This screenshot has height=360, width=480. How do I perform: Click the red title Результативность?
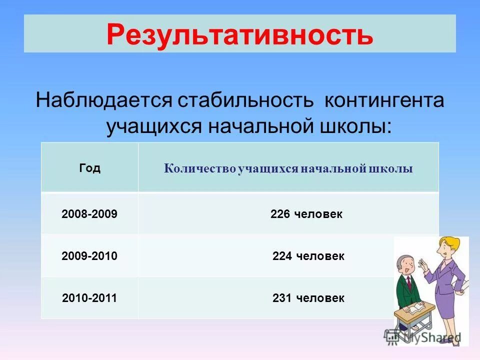point(239,34)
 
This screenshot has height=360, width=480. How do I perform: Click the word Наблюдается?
point(103,100)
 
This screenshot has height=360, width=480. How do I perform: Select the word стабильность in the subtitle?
point(245,100)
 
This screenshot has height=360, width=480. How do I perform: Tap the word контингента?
point(384,100)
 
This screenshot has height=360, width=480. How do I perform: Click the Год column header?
point(89,168)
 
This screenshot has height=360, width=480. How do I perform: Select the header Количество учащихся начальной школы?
point(288,169)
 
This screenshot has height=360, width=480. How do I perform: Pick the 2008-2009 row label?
point(89,214)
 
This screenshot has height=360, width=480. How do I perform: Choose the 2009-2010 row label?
point(89,256)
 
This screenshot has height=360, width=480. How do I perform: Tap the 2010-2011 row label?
point(89,298)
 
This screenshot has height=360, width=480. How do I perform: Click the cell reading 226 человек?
point(306,214)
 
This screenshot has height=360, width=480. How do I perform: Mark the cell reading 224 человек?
point(308,256)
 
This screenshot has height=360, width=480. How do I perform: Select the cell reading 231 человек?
point(308,298)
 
